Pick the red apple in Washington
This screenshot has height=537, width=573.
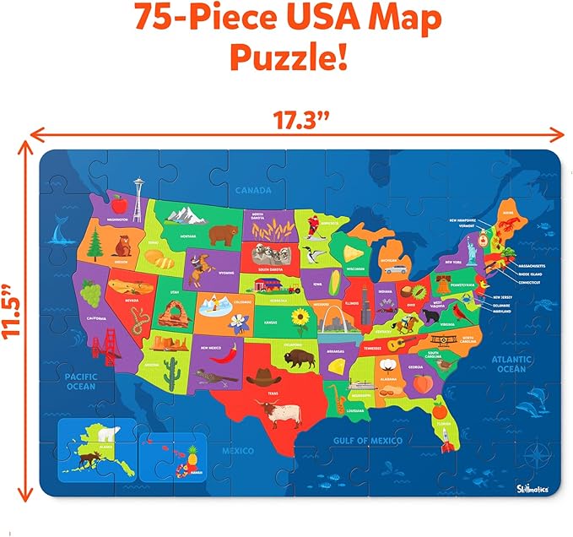pyautogui.click(x=118, y=203)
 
